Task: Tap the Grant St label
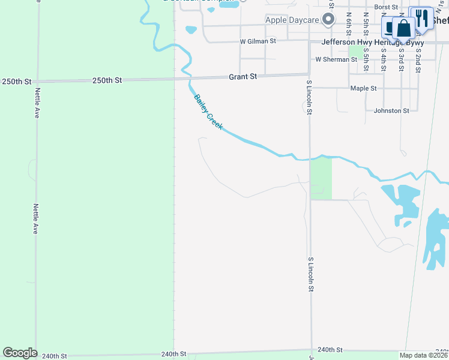(x=243, y=77)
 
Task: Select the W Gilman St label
(x=258, y=41)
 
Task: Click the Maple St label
(x=363, y=88)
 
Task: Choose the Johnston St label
(x=391, y=110)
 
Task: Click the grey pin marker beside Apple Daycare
(x=328, y=20)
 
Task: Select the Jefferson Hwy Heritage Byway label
(x=372, y=42)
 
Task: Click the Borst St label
(x=386, y=7)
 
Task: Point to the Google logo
(x=19, y=353)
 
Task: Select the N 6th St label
(x=349, y=22)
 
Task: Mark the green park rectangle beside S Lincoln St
(x=321, y=178)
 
